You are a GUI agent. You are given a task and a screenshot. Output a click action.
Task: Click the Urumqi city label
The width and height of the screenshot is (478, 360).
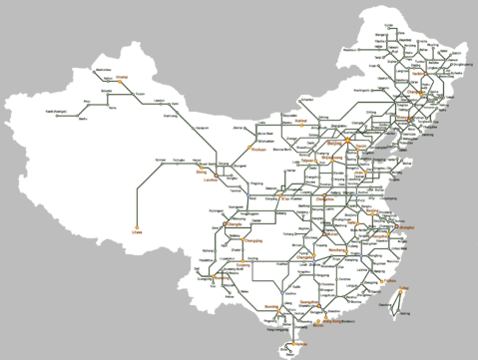pyautogui.click(x=123, y=76)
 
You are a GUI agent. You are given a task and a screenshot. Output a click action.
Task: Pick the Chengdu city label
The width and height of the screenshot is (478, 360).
pyautogui.click(x=236, y=225)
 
